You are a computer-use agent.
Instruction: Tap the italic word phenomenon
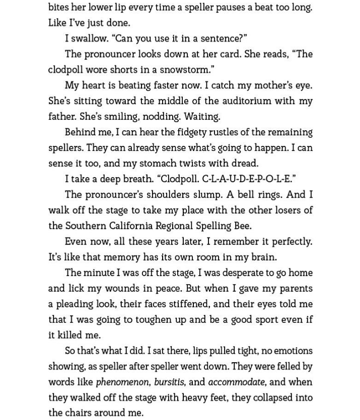tap(123, 382)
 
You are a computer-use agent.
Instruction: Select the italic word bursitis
tap(169, 382)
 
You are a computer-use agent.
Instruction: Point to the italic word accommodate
tap(236, 382)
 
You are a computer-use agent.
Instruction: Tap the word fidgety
tap(189, 132)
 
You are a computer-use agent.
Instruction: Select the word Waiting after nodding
tap(202, 117)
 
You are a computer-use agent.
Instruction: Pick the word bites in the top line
tap(59, 7)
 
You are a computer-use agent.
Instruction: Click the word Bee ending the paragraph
tap(242, 226)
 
